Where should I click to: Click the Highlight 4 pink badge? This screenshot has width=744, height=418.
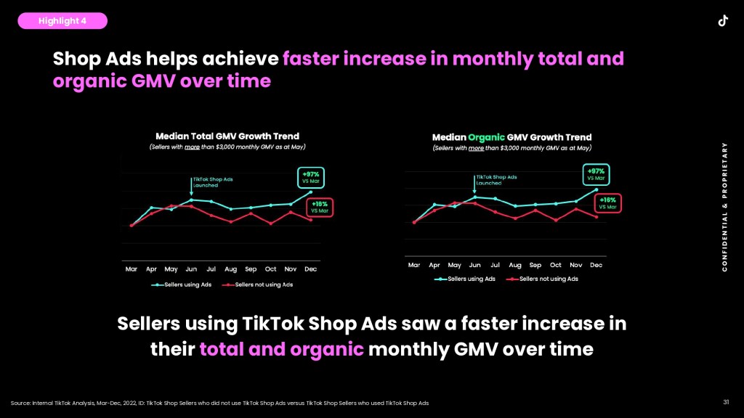[62, 21]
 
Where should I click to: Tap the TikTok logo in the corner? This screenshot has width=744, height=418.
[723, 20]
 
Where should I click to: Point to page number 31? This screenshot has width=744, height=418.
[726, 402]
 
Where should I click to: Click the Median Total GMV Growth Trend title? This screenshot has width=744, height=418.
[227, 136]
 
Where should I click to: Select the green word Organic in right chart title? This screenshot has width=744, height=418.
[485, 137]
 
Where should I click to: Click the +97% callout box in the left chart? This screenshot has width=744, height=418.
[310, 178]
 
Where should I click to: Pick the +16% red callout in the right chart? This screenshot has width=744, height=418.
[607, 203]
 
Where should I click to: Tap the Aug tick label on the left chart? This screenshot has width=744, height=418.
[231, 269]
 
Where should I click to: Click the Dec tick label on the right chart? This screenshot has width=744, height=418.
[596, 265]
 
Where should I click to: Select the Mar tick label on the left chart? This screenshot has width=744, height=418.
[132, 269]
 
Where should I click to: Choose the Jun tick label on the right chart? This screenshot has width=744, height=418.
[474, 265]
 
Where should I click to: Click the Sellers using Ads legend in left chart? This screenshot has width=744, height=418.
[182, 285]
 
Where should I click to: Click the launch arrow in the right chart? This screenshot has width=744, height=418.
[474, 187]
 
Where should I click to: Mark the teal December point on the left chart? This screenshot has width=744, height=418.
[311, 192]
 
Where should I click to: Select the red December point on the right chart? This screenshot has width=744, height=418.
[596, 216]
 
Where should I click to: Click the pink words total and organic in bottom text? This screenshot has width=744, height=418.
[281, 349]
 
